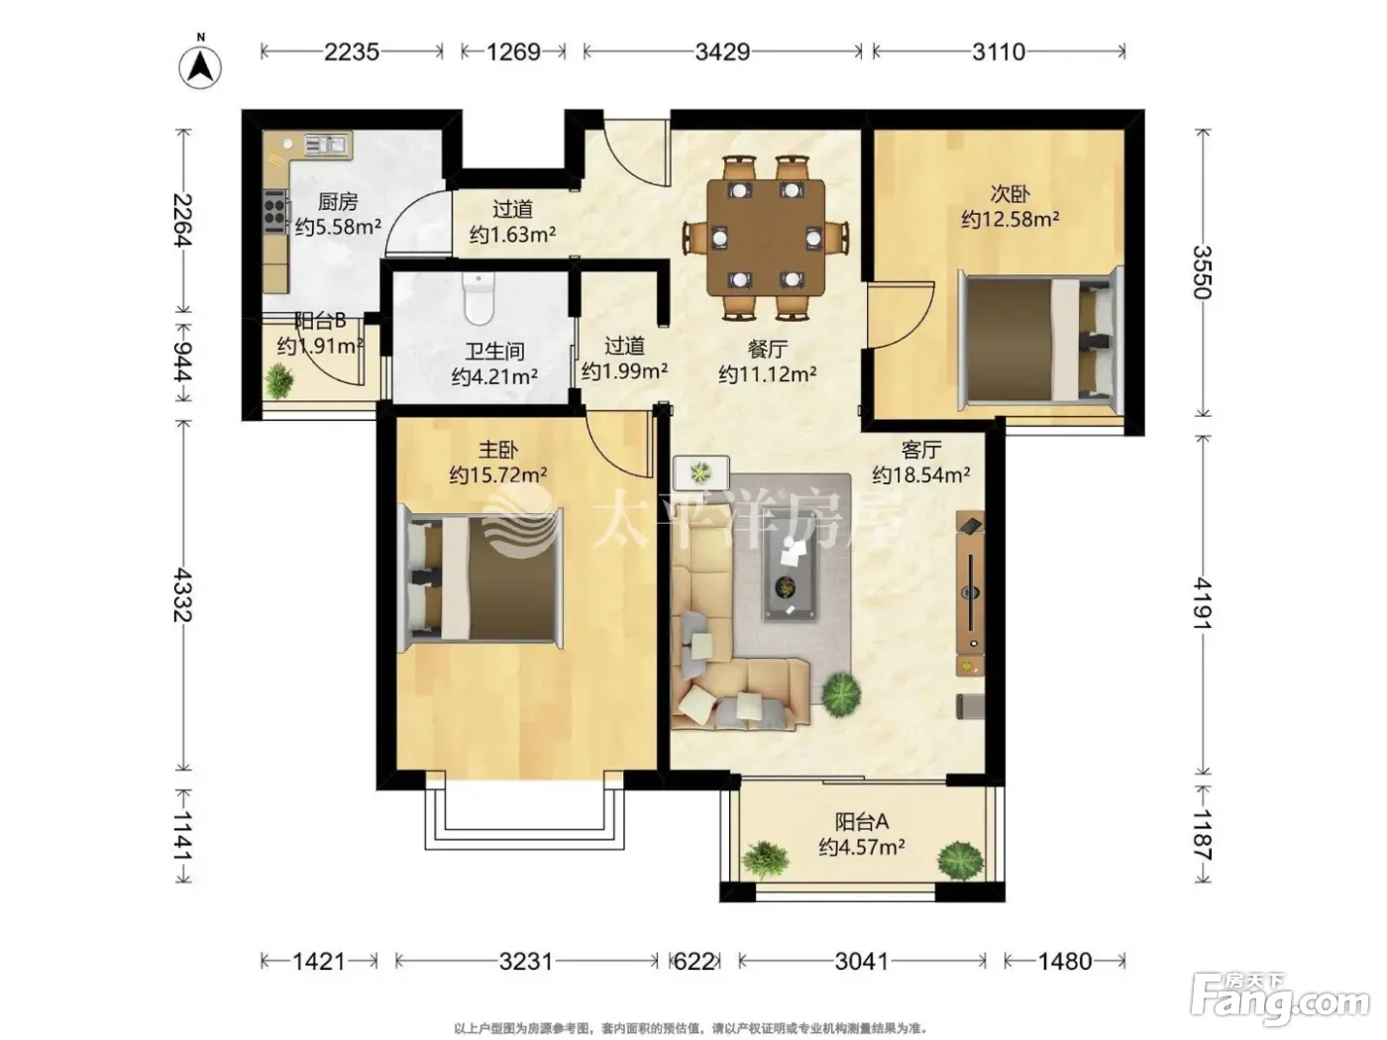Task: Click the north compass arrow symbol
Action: tap(200, 66)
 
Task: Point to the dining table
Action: tap(766, 238)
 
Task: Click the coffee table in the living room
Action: tap(790, 571)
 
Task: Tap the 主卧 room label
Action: tap(498, 451)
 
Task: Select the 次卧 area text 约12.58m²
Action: tap(1011, 219)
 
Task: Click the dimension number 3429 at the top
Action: tap(722, 52)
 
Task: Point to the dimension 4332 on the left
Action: tap(182, 595)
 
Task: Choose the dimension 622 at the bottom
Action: tap(693, 961)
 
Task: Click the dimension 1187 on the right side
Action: tap(1203, 835)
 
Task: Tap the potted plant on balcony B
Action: tap(278, 380)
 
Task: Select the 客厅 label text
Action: tap(920, 451)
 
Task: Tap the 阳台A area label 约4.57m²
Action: tap(861, 847)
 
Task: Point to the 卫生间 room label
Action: tap(494, 351)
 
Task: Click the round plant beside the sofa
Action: tap(840, 695)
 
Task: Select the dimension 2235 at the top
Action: tap(352, 52)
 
